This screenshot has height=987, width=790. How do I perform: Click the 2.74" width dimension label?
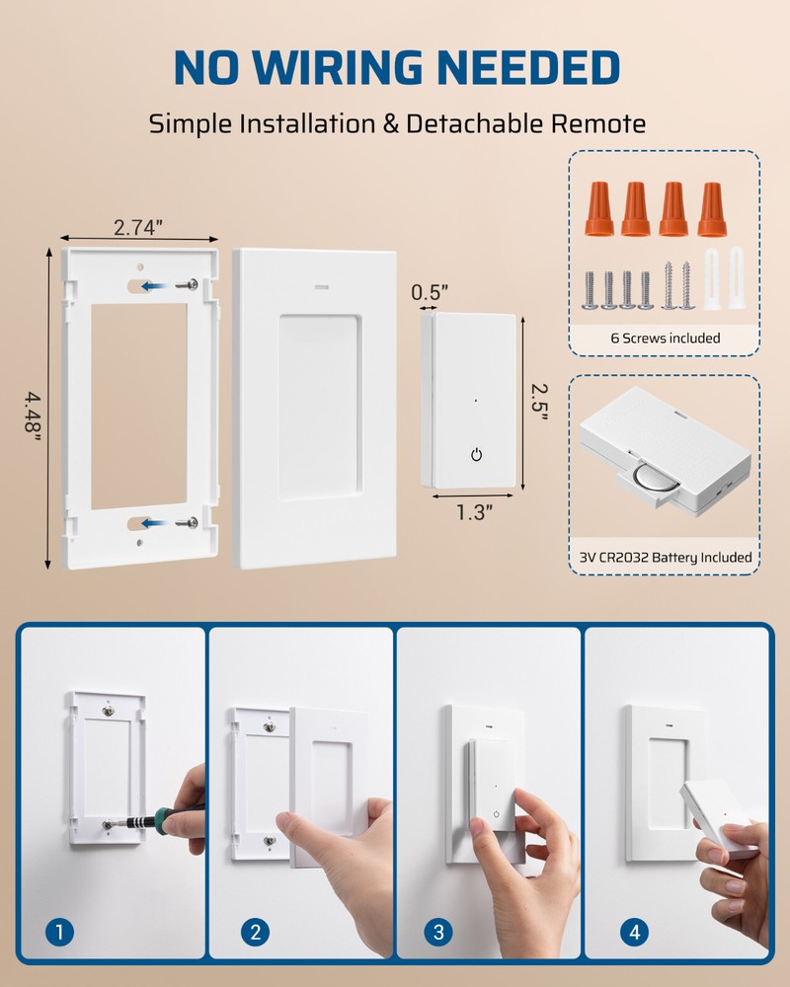(x=137, y=226)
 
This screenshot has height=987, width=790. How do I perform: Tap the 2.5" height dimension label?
(x=538, y=403)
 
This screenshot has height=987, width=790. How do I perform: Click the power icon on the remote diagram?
(x=477, y=455)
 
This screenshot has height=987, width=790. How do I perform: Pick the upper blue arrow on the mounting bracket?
(x=151, y=286)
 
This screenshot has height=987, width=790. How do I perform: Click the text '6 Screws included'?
(x=665, y=339)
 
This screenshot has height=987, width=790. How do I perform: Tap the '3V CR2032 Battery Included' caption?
(x=665, y=558)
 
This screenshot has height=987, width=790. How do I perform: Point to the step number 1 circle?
(x=60, y=931)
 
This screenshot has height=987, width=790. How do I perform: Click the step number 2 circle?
(x=254, y=931)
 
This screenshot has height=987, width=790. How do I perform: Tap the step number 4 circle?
(x=632, y=931)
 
